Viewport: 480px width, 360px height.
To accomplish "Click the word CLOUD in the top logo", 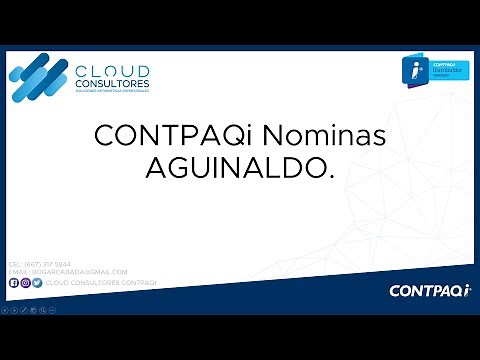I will pos(113,71).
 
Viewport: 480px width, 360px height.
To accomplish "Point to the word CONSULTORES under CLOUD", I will pos(113,83).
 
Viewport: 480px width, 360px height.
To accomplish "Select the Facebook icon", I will pos(13,283).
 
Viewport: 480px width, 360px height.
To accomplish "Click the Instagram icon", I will pos(25,283).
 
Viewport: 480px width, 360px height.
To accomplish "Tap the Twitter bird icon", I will pos(37,283).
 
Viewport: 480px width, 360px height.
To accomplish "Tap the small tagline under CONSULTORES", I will pos(112,90).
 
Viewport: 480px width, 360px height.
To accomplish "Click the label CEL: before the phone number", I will pos(14,264).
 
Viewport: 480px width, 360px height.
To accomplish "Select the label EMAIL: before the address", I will pos(18,272).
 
